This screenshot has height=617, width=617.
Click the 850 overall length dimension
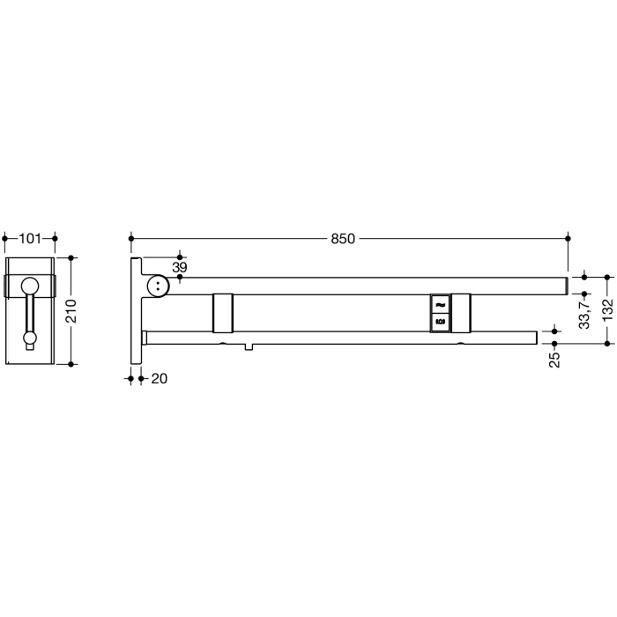pyautogui.click(x=343, y=239)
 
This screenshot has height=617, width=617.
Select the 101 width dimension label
pyautogui.click(x=30, y=238)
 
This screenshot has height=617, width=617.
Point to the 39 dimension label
pyautogui.click(x=179, y=267)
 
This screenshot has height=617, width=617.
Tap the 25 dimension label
pyautogui.click(x=554, y=359)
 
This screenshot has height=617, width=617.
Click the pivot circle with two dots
pyautogui.click(x=158, y=285)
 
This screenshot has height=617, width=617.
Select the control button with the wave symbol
pyautogui.click(x=440, y=304)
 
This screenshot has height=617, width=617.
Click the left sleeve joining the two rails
pyautogui.click(x=223, y=312)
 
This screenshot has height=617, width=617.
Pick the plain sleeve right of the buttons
pyautogui.click(x=462, y=312)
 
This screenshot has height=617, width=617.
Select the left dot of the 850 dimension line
pyautogui.click(x=131, y=239)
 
